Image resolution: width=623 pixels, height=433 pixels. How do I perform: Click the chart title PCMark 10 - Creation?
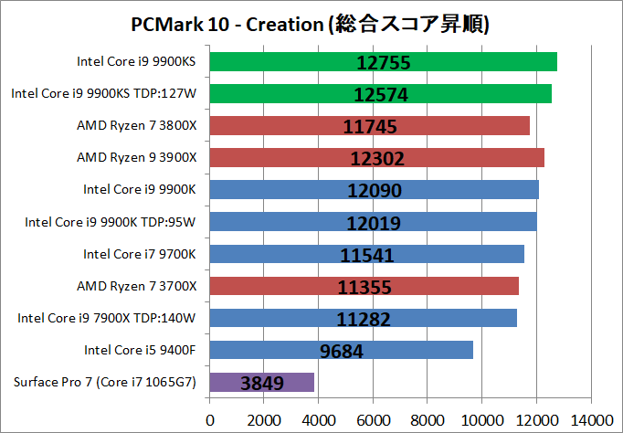pos(311,24)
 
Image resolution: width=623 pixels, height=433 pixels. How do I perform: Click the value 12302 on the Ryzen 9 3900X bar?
pos(376,158)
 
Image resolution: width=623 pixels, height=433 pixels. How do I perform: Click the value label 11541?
pos(371,254)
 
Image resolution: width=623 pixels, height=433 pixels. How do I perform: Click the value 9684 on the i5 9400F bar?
pos(347,350)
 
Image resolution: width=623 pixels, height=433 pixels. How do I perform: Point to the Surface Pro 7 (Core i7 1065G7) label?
pos(104,382)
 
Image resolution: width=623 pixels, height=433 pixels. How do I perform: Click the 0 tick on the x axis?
pos(211,419)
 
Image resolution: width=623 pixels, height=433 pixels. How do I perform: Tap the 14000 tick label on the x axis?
pos(589,419)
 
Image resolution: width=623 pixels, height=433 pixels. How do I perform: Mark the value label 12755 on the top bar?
pos(383,62)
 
